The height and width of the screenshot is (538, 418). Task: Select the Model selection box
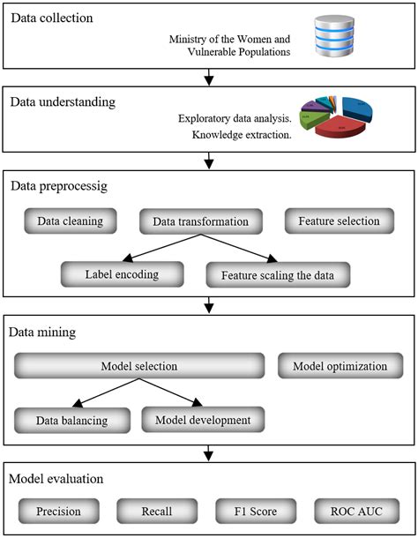pos(139,366)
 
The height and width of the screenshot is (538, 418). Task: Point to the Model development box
pos(202,419)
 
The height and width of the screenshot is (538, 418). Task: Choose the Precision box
pos(58,511)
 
